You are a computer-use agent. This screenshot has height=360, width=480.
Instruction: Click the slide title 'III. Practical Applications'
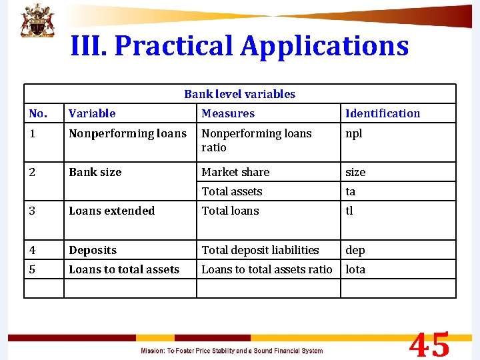pos(239,46)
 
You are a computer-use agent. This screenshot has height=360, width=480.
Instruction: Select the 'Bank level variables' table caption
pos(239,94)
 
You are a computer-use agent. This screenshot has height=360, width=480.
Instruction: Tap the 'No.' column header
pos(39,113)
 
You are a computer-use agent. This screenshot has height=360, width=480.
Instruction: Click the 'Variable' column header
pos(92,113)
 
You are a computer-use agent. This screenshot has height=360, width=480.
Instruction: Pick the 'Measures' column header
pos(228,113)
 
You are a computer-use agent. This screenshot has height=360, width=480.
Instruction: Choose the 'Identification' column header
pos(383,113)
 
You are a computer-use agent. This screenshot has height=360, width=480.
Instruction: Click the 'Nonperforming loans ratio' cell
pos(257,140)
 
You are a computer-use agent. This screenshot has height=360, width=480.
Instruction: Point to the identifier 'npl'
pos(354,133)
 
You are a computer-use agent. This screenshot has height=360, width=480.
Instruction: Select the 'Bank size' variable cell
pos(95,172)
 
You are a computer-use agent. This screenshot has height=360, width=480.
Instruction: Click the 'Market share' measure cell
pos(235,172)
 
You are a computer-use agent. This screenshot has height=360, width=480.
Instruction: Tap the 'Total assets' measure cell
pos(232,191)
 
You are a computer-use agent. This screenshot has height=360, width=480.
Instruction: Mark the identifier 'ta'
pos(350,191)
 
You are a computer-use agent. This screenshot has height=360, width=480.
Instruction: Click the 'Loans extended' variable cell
pos(111,211)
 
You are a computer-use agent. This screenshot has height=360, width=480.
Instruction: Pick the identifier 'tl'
pos(349,211)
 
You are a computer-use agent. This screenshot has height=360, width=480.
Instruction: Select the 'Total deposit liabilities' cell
pos(260,250)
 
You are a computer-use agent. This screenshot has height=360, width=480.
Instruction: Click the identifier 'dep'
pos(355,250)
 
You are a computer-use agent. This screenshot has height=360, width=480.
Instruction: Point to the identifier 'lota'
pos(355,269)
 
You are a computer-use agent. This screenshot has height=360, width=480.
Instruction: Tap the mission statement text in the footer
pos(231,351)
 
